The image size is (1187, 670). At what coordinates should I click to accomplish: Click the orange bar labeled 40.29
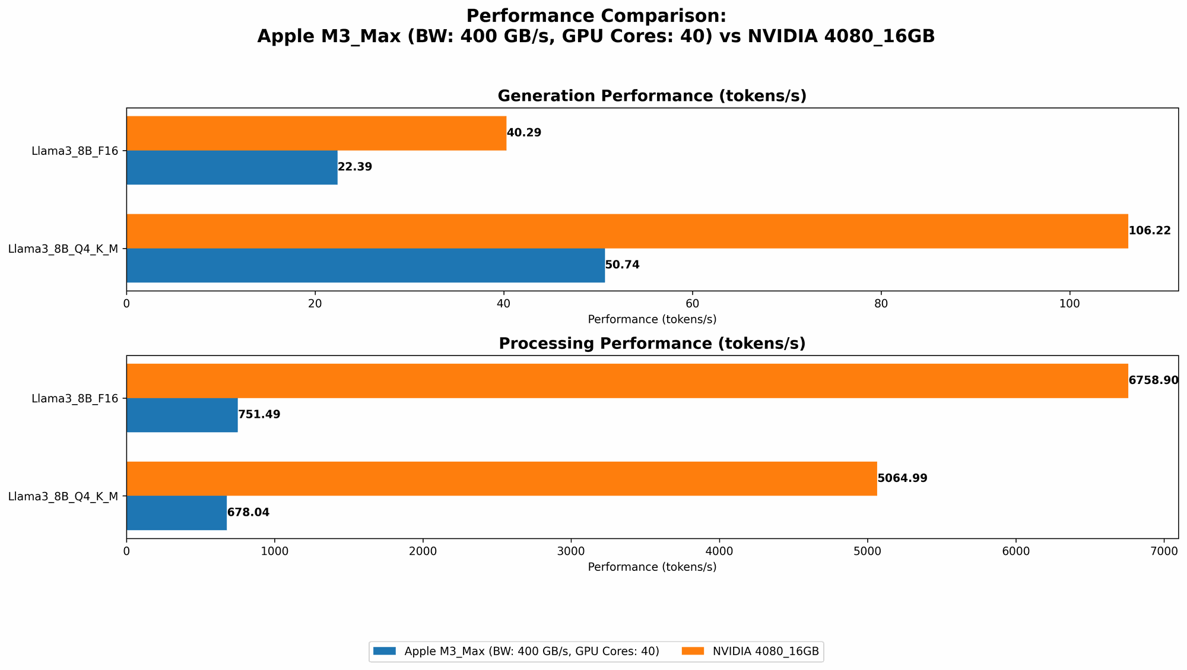pyautogui.click(x=316, y=133)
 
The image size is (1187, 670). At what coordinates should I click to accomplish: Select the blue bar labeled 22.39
pyautogui.click(x=232, y=167)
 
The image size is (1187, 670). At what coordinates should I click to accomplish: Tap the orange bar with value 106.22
pyautogui.click(x=627, y=231)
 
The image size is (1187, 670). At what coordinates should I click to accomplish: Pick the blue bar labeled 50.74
pyautogui.click(x=366, y=265)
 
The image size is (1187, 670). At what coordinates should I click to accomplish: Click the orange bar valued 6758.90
pyautogui.click(x=627, y=380)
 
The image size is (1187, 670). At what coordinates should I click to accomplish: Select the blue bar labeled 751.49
pyautogui.click(x=182, y=415)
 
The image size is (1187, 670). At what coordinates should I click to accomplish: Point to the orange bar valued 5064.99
pyautogui.click(x=502, y=478)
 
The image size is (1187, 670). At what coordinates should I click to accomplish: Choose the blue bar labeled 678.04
pyautogui.click(x=177, y=513)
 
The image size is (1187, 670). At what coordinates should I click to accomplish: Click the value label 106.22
pyautogui.click(x=1150, y=231)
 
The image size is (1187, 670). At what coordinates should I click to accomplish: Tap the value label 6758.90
pyautogui.click(x=1153, y=380)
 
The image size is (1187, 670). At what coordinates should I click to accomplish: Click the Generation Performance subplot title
pyautogui.click(x=652, y=96)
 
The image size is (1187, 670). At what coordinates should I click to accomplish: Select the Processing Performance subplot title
pyautogui.click(x=652, y=344)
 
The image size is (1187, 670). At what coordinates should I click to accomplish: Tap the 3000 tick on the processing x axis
pyautogui.click(x=571, y=551)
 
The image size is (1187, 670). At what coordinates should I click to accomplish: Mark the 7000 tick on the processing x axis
pyautogui.click(x=1164, y=551)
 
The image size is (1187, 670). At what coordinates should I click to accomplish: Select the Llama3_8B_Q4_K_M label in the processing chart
pyautogui.click(x=63, y=496)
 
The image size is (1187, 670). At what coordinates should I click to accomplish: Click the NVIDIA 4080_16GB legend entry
pyautogui.click(x=766, y=652)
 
